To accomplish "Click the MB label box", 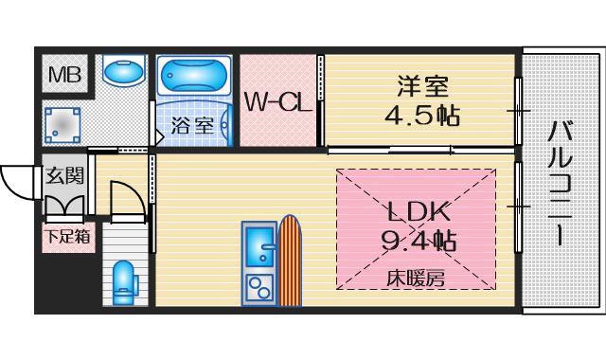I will [x=64, y=71].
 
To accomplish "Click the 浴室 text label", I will [x=192, y=124].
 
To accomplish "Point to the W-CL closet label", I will [x=277, y=102].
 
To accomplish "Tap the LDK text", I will [x=417, y=210].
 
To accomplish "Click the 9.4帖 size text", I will [x=417, y=241].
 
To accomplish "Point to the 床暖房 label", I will [x=414, y=278].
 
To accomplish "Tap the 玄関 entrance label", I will [x=64, y=175].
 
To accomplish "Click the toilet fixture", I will [x=123, y=281].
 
